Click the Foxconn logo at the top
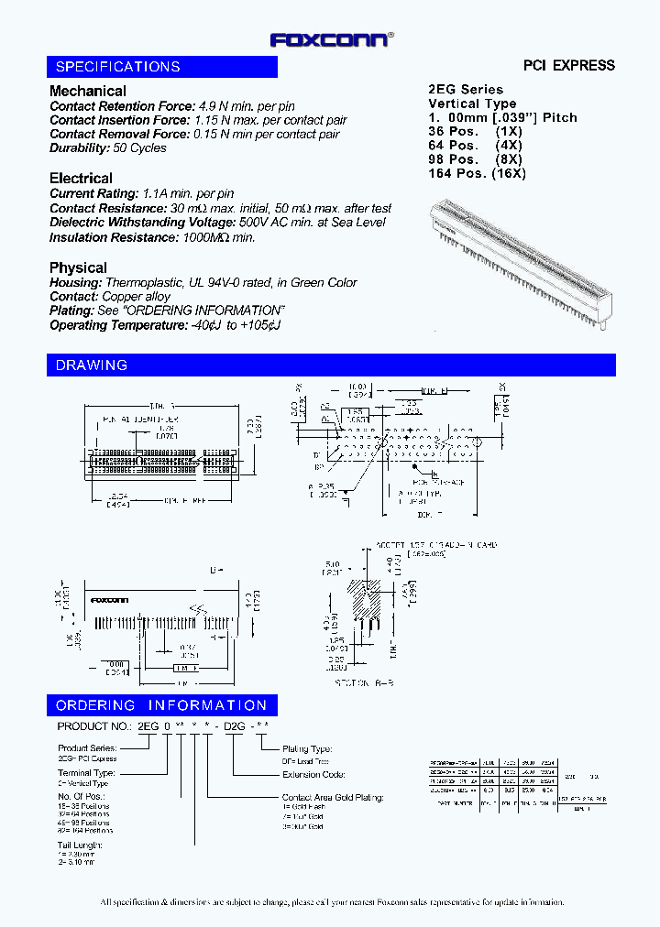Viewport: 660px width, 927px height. [x=331, y=39]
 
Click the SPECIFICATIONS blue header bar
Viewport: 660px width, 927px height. [x=162, y=67]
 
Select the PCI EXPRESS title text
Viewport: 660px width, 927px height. [x=568, y=65]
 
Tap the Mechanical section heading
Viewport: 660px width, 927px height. [x=88, y=91]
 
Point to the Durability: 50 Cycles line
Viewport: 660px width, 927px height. [x=108, y=147]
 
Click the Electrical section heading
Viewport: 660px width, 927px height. [x=81, y=178]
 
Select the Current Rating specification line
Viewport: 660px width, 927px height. [x=141, y=193]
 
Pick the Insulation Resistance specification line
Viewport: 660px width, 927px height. [x=152, y=237]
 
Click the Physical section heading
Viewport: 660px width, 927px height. [x=78, y=267]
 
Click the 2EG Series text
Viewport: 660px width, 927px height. [x=466, y=89]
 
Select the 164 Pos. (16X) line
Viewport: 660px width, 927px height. [x=477, y=173]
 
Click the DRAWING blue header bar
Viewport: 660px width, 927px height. [x=330, y=365]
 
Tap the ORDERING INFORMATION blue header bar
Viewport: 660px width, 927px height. [x=162, y=705]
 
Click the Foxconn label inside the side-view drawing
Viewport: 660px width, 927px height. [x=109, y=601]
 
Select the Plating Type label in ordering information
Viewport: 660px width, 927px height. [x=307, y=748]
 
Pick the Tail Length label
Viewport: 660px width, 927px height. [x=78, y=845]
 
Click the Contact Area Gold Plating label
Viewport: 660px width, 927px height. [x=333, y=798]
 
